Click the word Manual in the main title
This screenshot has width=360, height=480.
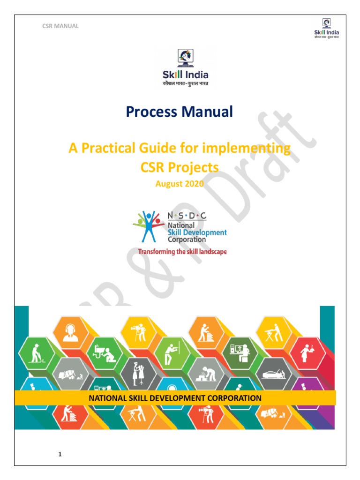pos(207,112)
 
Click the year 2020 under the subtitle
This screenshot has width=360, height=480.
pos(194,183)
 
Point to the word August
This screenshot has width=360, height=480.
pos(168,183)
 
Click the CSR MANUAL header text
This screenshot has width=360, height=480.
pos(60,26)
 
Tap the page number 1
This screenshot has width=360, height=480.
pos(60,454)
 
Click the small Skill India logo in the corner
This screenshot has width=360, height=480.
pos(326,29)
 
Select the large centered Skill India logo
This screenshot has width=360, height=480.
pos(186,69)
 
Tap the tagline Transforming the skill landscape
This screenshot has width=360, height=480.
pos(182,252)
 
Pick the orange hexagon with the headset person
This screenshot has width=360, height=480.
pos(71,331)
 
